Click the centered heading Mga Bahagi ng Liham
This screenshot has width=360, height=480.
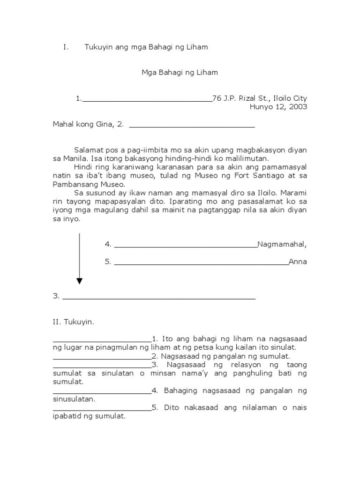tap(180, 73)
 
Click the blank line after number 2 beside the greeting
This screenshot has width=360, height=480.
tap(192, 126)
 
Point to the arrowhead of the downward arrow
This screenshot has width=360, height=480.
tap(79, 281)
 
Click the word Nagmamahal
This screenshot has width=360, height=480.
tap(282, 244)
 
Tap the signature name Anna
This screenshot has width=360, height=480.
tap(298, 262)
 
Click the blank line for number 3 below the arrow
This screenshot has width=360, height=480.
tap(159, 298)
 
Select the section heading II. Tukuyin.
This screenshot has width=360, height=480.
tap(74, 322)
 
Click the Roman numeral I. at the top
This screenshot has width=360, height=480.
tap(66, 47)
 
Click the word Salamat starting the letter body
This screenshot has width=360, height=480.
tap(88, 150)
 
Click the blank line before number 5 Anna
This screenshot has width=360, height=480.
tap(201, 263)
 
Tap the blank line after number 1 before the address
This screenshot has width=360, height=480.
tap(147, 100)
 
